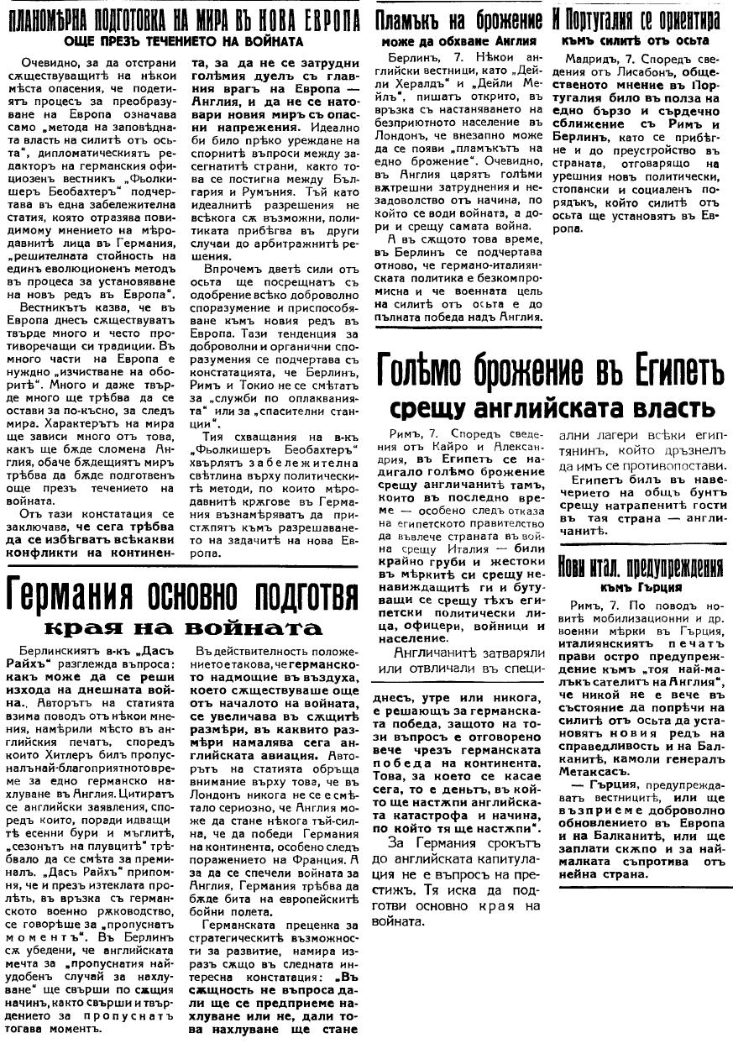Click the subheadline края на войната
pos(183,628)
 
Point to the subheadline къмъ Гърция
pos(640,587)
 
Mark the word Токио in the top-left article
pos(239,378)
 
